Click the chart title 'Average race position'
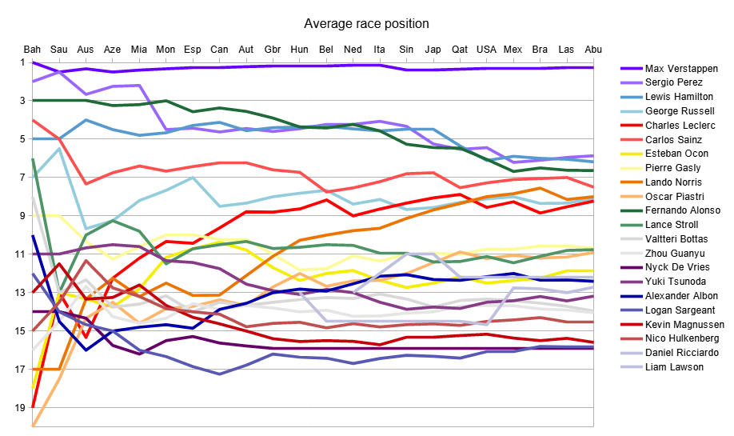click(x=366, y=23)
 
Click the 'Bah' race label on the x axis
click(x=32, y=50)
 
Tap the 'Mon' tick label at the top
click(x=166, y=50)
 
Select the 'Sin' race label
click(x=406, y=50)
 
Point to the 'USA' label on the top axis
click(x=486, y=50)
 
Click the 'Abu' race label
click(x=593, y=50)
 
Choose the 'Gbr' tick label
click(x=273, y=50)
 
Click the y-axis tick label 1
click(x=22, y=62)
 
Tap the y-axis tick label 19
click(x=19, y=408)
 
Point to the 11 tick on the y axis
click(x=19, y=254)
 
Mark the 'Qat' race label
click(x=460, y=50)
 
